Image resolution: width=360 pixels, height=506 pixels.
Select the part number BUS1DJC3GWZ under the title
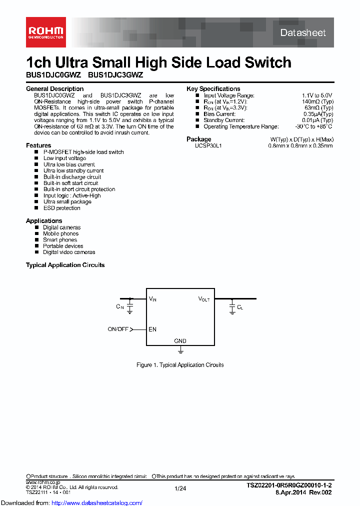coord(115,75)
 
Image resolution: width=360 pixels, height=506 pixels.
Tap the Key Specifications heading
coord(213,89)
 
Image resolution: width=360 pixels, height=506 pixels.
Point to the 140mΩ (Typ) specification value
coord(318,101)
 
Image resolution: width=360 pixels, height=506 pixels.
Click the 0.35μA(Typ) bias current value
coord(318,114)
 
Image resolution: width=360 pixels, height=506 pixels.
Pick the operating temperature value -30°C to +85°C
coord(313,126)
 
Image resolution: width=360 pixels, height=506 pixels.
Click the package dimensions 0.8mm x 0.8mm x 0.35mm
coord(300,145)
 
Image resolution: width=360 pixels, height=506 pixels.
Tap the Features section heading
coord(38,145)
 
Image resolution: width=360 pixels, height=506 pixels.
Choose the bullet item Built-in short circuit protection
coord(79,189)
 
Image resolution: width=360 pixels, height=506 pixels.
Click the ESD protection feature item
coord(61,208)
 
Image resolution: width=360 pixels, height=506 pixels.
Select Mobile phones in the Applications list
coord(60,233)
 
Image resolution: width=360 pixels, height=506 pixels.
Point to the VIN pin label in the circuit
coord(152,299)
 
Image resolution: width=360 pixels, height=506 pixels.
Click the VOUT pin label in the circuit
coord(204,299)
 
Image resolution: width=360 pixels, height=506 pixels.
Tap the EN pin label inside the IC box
coord(152,329)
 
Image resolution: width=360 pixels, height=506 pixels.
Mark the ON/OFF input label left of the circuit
coord(118,329)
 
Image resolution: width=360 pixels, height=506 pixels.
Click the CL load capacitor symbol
coord(232,306)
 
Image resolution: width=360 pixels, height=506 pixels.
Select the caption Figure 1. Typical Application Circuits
coord(180,365)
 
